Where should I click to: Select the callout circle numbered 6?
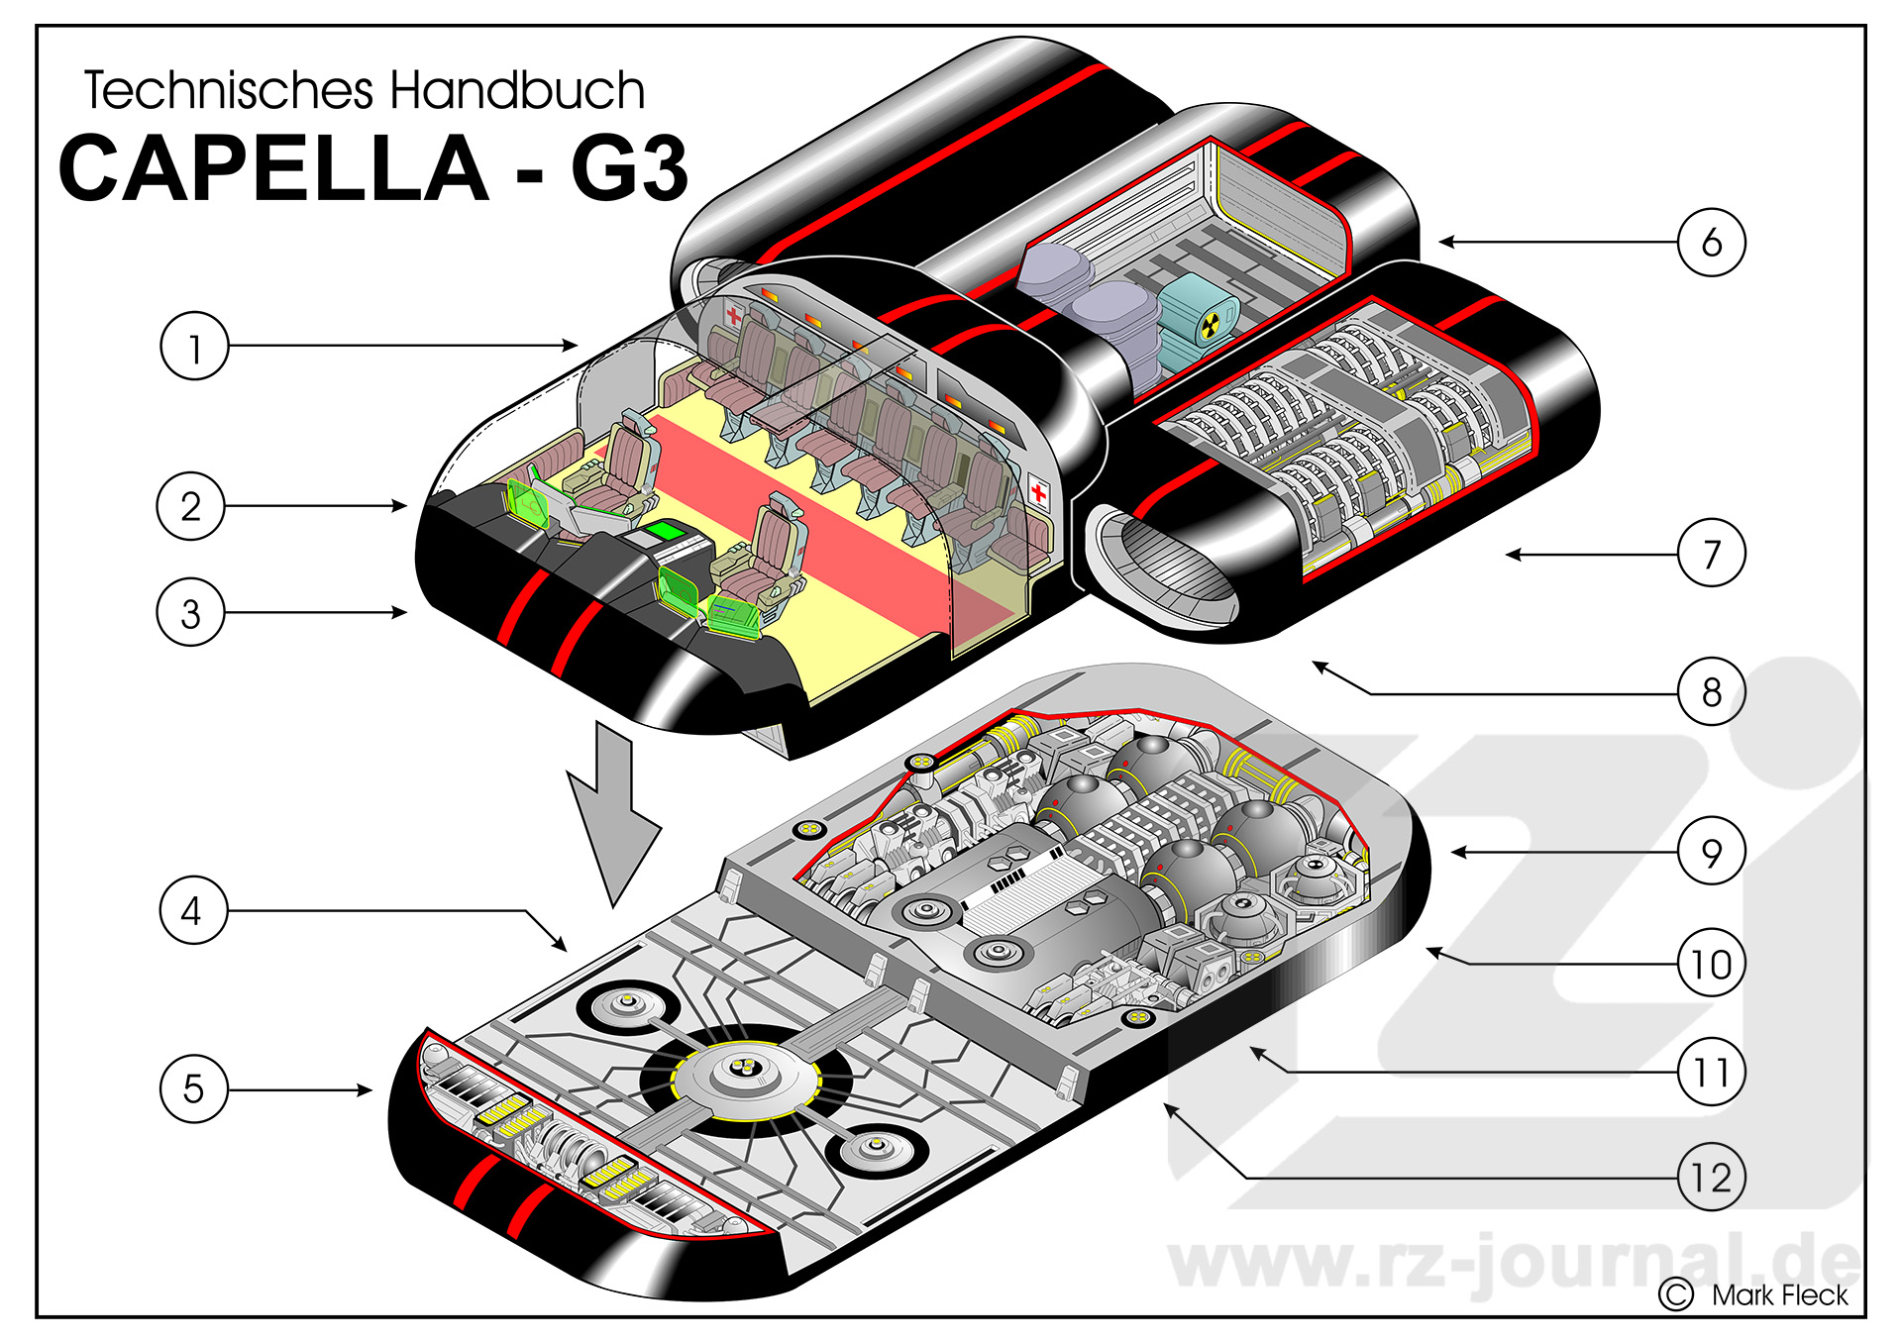[x=1711, y=242]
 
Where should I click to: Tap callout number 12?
[x=1711, y=1178]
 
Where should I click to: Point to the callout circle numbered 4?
[x=194, y=909]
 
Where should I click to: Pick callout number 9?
[x=1711, y=851]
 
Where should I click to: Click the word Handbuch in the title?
[x=517, y=90]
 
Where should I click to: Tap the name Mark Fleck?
[x=1779, y=1294]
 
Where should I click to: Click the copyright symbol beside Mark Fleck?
[x=1676, y=1294]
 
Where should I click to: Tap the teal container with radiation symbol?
[x=1198, y=320]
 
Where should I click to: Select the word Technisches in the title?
[x=229, y=90]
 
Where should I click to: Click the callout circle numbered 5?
[x=194, y=1088]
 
